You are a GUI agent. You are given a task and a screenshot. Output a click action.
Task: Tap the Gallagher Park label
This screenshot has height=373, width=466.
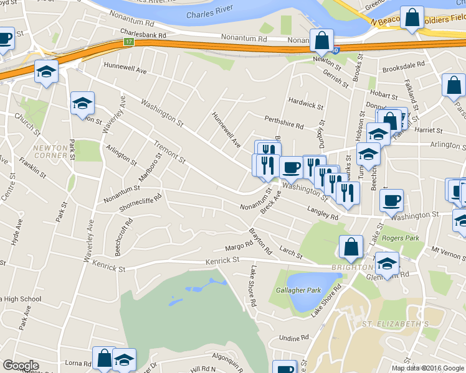click(298, 290)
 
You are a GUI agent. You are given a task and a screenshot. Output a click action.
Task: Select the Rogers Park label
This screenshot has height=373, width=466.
click(401, 237)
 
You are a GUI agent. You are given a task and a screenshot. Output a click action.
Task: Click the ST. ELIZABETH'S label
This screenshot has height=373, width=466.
click(396, 324)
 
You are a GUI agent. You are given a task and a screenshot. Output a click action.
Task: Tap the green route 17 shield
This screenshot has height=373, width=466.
click(128, 42)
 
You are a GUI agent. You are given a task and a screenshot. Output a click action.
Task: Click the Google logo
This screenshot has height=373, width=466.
click(21, 366)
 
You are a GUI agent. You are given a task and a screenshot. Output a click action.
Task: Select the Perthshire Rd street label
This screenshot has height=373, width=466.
click(283, 126)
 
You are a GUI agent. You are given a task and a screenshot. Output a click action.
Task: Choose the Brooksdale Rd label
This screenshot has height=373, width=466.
click(404, 70)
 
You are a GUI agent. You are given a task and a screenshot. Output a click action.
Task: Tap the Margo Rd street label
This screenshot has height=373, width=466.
click(238, 246)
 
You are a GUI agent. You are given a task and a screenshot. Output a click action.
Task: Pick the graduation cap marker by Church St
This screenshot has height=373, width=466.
click(46, 71)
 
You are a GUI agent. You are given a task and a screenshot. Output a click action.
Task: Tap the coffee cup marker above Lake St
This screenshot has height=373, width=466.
click(391, 201)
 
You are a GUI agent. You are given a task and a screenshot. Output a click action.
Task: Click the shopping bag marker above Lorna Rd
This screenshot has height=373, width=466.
click(104, 357)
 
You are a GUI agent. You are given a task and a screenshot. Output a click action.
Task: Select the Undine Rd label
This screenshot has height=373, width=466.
click(294, 338)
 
